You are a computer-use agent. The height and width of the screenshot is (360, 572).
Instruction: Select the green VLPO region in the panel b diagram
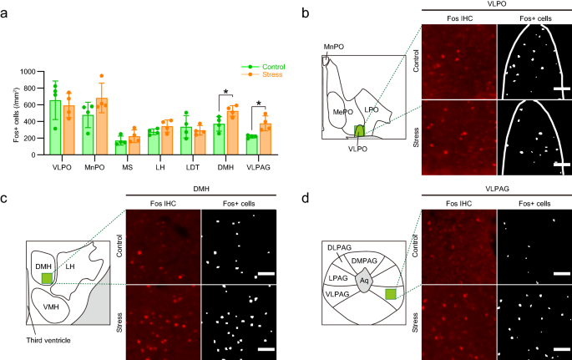point(360,130)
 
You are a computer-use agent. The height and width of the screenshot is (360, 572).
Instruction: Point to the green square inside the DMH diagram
point(48,277)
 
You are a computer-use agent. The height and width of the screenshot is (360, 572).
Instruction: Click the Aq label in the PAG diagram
point(363,281)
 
